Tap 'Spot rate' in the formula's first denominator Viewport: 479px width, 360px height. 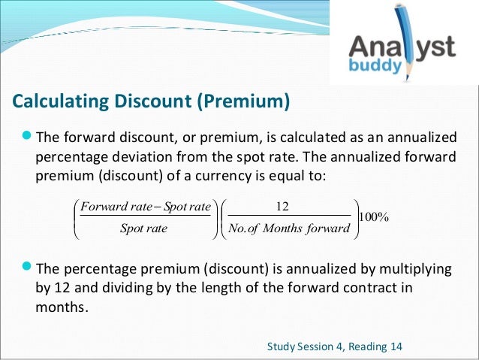[143, 228]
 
